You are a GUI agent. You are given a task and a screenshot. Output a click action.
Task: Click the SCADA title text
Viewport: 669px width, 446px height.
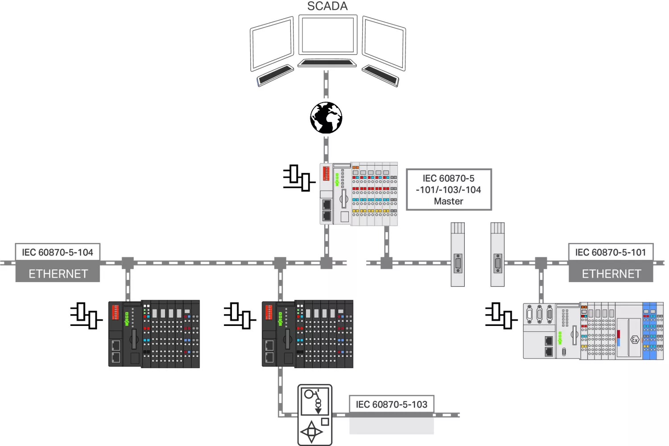click(327, 6)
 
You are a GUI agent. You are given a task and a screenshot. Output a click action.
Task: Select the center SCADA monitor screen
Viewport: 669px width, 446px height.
click(328, 35)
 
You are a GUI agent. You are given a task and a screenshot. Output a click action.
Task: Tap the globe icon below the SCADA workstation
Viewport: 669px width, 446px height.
click(326, 117)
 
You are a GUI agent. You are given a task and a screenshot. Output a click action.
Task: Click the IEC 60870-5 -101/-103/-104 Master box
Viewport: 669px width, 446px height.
click(449, 190)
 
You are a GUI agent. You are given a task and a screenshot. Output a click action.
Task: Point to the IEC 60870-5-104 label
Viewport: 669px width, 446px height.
click(58, 252)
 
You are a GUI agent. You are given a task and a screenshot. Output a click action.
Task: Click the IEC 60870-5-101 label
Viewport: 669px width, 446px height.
click(611, 252)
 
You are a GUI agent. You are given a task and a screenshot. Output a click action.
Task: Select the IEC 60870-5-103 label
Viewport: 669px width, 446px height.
click(392, 404)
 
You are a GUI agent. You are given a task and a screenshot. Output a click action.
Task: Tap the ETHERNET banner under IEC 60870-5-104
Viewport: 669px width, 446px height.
click(58, 273)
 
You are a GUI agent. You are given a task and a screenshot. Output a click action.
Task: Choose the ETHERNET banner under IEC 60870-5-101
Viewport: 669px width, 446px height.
click(611, 273)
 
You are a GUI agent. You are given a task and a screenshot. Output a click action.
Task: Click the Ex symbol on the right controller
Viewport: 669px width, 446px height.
click(634, 340)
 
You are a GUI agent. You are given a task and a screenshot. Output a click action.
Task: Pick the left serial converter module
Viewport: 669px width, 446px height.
click(458, 254)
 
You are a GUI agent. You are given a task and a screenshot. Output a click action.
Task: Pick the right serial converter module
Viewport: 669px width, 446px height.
click(498, 254)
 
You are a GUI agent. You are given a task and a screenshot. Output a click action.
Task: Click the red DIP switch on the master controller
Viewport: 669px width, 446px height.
click(326, 174)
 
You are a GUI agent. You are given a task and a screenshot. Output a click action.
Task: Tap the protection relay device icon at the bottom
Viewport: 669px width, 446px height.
click(315, 415)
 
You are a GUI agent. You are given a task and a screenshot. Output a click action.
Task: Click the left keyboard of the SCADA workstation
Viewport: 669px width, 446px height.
click(275, 75)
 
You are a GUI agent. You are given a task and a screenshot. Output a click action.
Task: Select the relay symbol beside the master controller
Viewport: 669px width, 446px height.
click(299, 178)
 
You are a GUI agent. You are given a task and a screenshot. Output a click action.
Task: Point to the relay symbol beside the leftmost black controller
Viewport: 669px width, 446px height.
click(87, 316)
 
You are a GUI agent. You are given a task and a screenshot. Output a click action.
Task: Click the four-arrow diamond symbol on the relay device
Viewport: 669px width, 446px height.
click(311, 432)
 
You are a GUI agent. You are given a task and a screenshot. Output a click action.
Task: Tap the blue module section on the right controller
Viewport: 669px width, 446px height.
click(649, 331)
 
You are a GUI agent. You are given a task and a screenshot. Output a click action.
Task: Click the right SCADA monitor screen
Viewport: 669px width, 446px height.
click(384, 43)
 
